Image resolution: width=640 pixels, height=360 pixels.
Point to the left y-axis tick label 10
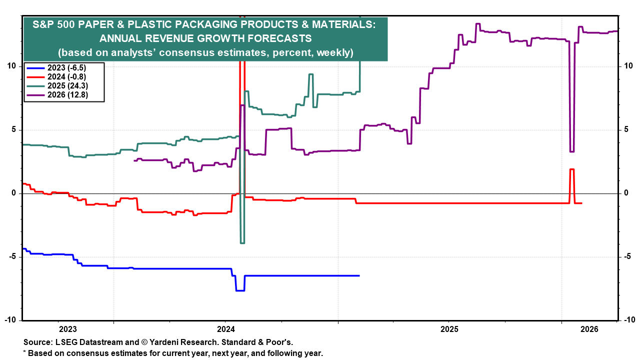point(14,66)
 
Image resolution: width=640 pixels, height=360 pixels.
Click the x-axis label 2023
point(67,329)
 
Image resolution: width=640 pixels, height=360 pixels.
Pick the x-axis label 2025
point(449,329)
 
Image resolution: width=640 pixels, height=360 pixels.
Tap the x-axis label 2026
point(589,329)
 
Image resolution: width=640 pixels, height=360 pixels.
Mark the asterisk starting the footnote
point(25,353)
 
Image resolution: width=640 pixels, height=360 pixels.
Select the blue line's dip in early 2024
point(240,290)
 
